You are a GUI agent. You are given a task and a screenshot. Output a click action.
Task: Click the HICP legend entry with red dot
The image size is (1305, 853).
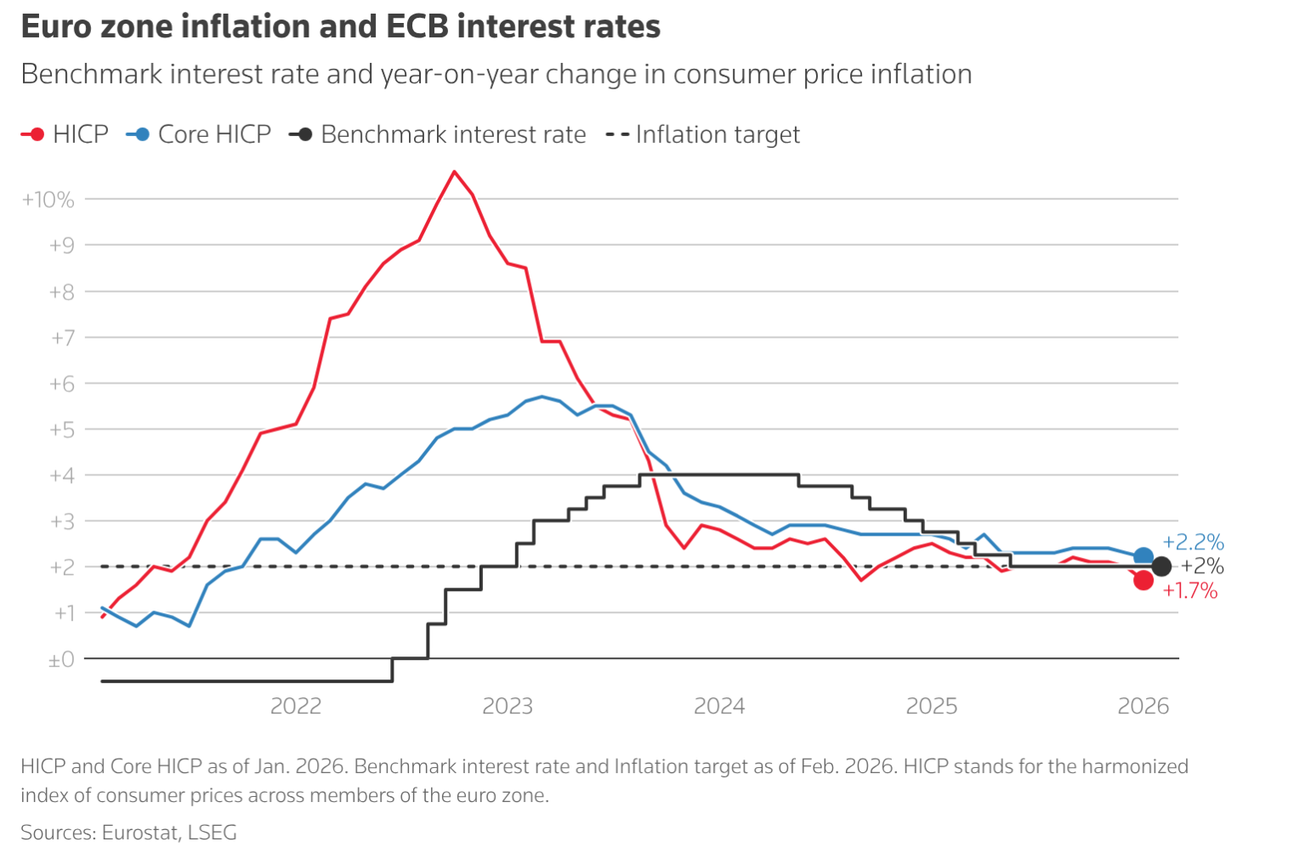click(x=65, y=134)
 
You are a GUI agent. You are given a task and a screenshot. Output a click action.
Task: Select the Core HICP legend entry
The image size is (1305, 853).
click(x=198, y=134)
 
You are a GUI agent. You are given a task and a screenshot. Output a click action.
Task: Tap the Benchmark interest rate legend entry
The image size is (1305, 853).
click(x=437, y=134)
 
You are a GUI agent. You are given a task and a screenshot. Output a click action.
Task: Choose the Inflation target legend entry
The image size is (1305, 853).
click(x=702, y=134)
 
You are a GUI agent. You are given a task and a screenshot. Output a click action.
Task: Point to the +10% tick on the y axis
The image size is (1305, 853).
click(x=48, y=200)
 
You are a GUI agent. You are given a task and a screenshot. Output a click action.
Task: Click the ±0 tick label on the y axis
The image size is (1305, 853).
click(x=61, y=659)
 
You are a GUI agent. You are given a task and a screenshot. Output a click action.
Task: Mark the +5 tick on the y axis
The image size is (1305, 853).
click(x=61, y=429)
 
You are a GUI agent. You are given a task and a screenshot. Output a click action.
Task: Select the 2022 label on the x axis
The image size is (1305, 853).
click(x=296, y=706)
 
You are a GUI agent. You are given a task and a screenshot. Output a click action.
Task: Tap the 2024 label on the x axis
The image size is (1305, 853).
click(x=719, y=706)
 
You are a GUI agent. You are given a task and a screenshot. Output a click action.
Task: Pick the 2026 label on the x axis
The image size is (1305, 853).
click(x=1143, y=706)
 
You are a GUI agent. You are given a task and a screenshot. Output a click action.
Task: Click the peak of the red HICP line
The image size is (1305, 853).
click(x=454, y=172)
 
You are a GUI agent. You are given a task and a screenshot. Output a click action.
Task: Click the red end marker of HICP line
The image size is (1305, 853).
click(x=1143, y=580)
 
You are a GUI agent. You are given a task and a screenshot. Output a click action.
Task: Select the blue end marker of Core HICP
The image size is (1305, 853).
click(x=1143, y=557)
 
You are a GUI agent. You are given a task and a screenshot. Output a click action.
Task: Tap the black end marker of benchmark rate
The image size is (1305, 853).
click(x=1161, y=566)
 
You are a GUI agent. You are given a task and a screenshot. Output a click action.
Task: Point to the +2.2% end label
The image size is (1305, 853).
click(x=1193, y=542)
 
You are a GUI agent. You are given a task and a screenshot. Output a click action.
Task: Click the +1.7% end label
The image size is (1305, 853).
click(x=1189, y=591)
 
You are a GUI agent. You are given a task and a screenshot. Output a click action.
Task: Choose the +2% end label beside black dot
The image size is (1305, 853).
click(x=1202, y=566)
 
